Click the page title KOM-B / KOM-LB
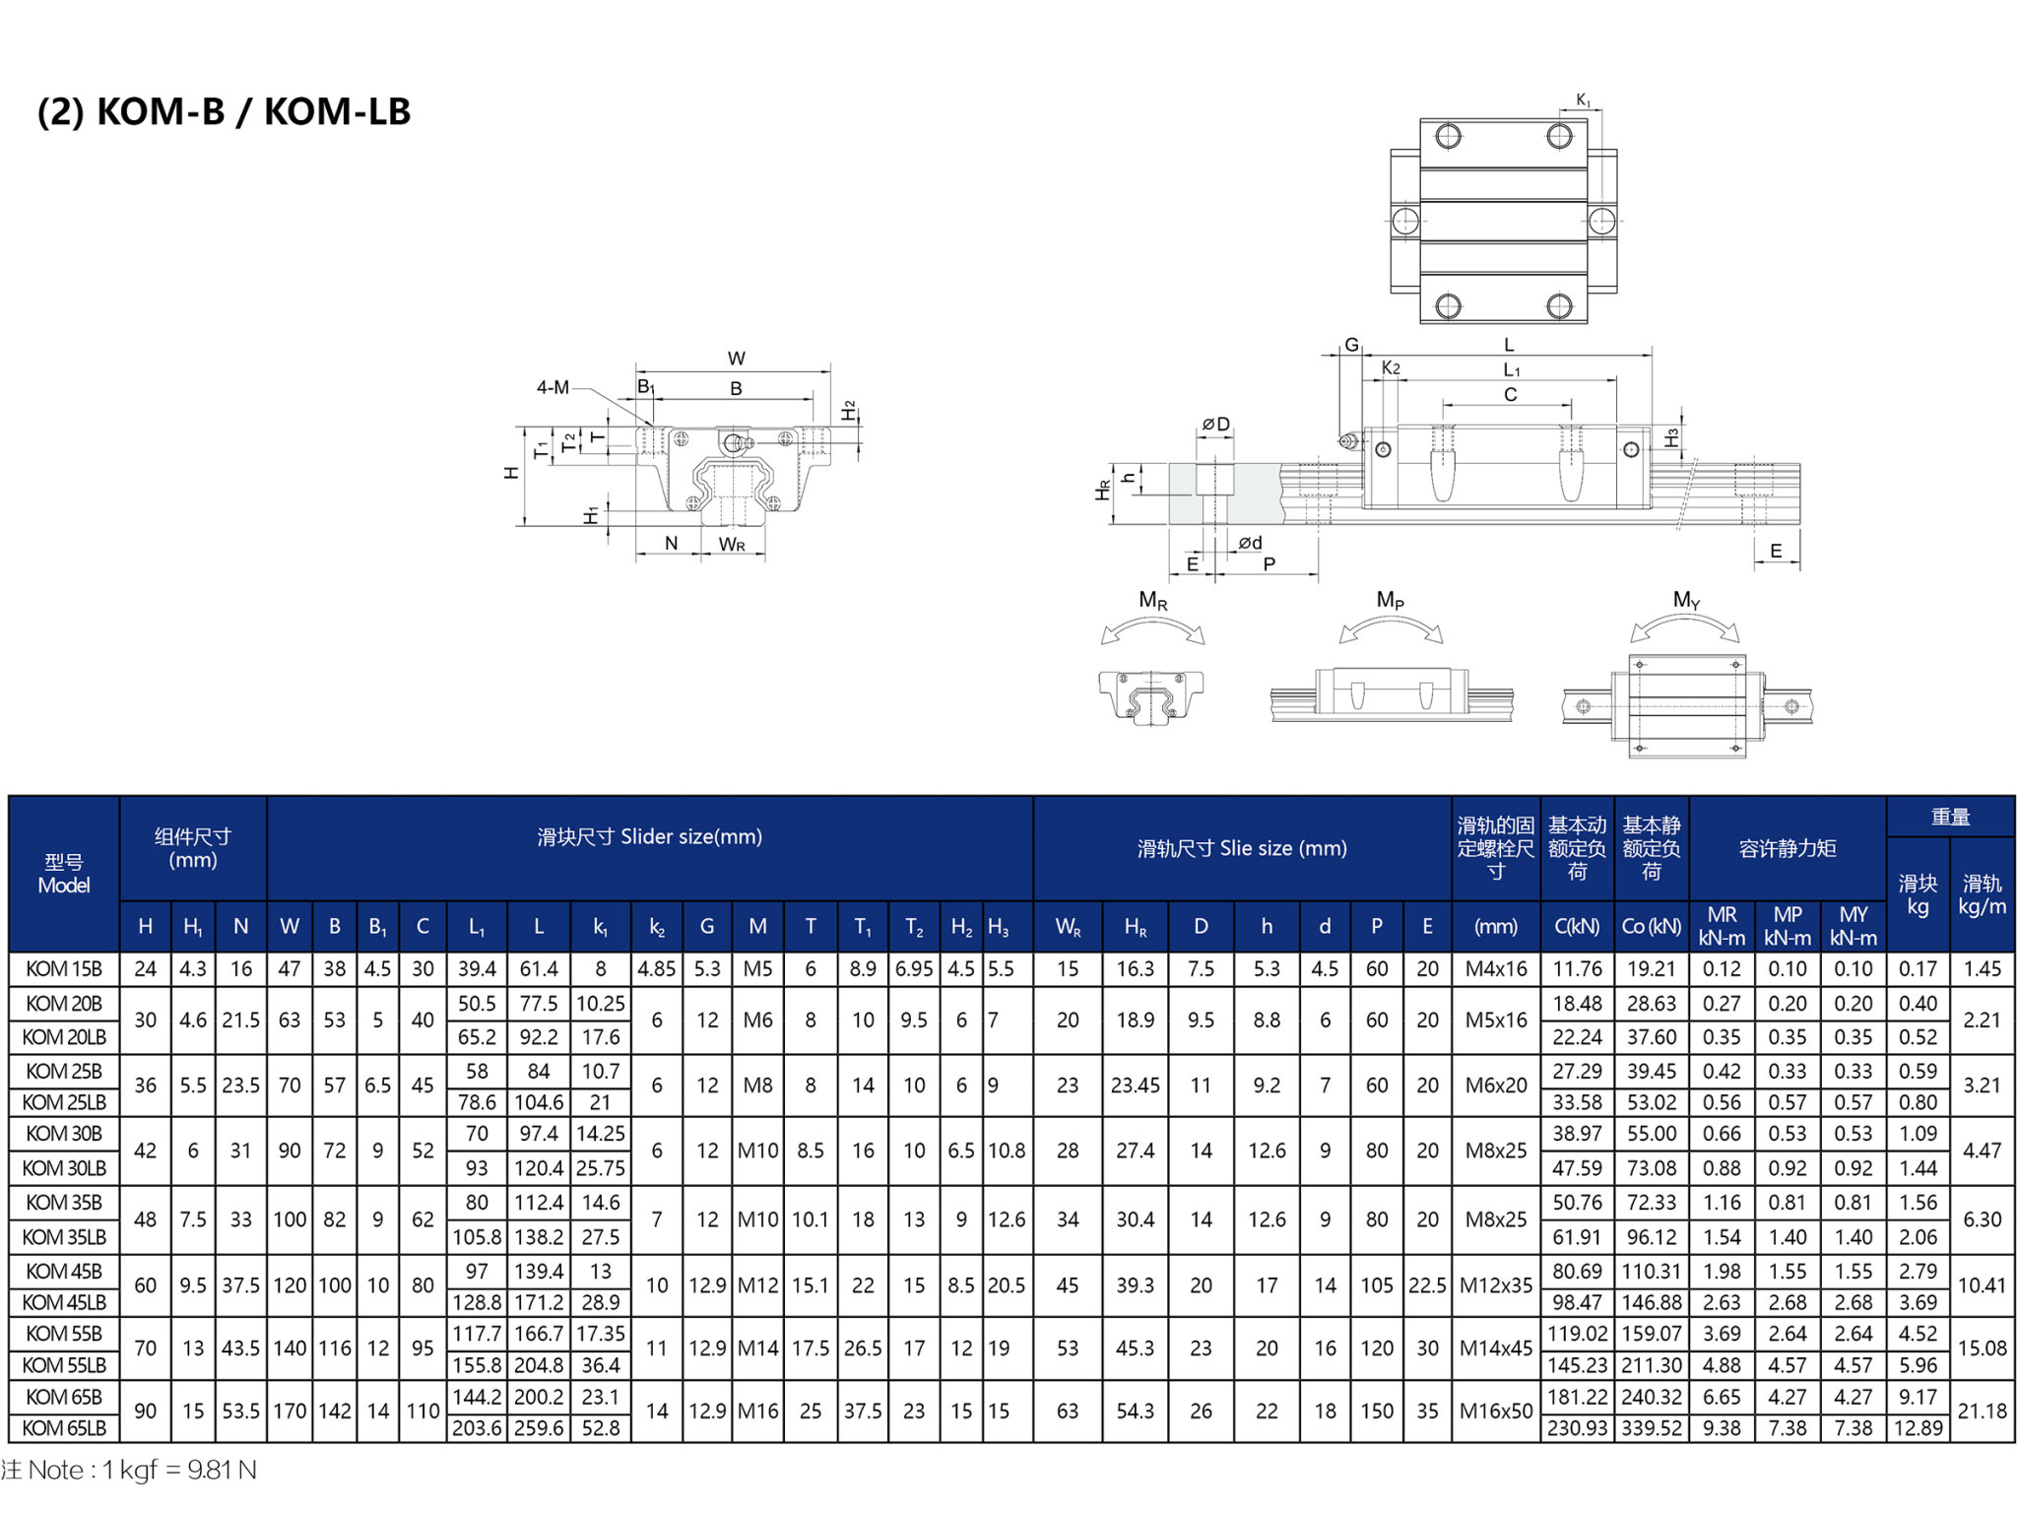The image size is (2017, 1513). pos(224,111)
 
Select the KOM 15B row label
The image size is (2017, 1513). pos(64,968)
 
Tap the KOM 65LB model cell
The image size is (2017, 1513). pos(64,1427)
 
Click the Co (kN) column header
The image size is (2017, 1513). pos(1652,926)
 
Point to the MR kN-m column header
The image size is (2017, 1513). pos(1722,926)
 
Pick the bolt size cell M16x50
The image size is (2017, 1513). pos(1496,1411)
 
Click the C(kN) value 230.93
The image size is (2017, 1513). pos(1577,1427)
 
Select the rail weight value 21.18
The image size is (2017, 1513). pos(1982,1411)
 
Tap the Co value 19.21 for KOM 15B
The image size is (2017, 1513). pos(1652,968)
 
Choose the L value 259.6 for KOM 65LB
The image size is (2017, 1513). pos(539,1427)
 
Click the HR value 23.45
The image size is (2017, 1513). pos(1135,1085)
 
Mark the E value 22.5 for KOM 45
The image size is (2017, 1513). pos(1427,1284)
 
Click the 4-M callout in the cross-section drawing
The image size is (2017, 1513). pos(553,387)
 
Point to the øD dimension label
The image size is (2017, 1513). pos(1215,424)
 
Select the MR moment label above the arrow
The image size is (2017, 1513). pos(1153,600)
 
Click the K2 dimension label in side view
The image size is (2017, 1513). pos(1391,367)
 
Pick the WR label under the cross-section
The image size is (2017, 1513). pos(732,544)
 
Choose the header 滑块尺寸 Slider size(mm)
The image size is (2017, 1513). pos(650,836)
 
